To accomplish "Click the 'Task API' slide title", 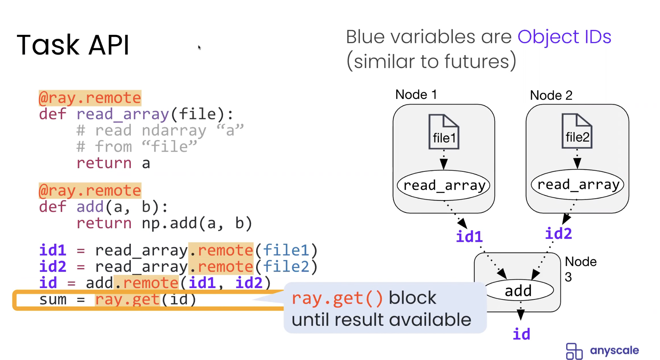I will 73,45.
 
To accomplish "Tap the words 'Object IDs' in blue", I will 564,37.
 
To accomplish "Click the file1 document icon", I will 444,132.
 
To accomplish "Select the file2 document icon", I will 577,131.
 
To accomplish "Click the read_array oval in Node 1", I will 444,186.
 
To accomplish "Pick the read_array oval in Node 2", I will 577,185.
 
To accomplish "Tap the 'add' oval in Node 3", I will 518,290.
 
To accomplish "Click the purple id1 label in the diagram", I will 469,237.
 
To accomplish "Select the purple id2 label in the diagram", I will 558,234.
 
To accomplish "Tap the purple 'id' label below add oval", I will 521,334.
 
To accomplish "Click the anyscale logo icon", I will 574,351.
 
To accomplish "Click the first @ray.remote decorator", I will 90,98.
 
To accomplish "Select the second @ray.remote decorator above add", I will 90,191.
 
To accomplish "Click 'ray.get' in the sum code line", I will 127,299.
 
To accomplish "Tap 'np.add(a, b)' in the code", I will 197,223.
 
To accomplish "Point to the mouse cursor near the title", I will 199,48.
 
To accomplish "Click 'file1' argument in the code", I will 286,250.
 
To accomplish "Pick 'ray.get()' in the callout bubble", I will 337,298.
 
